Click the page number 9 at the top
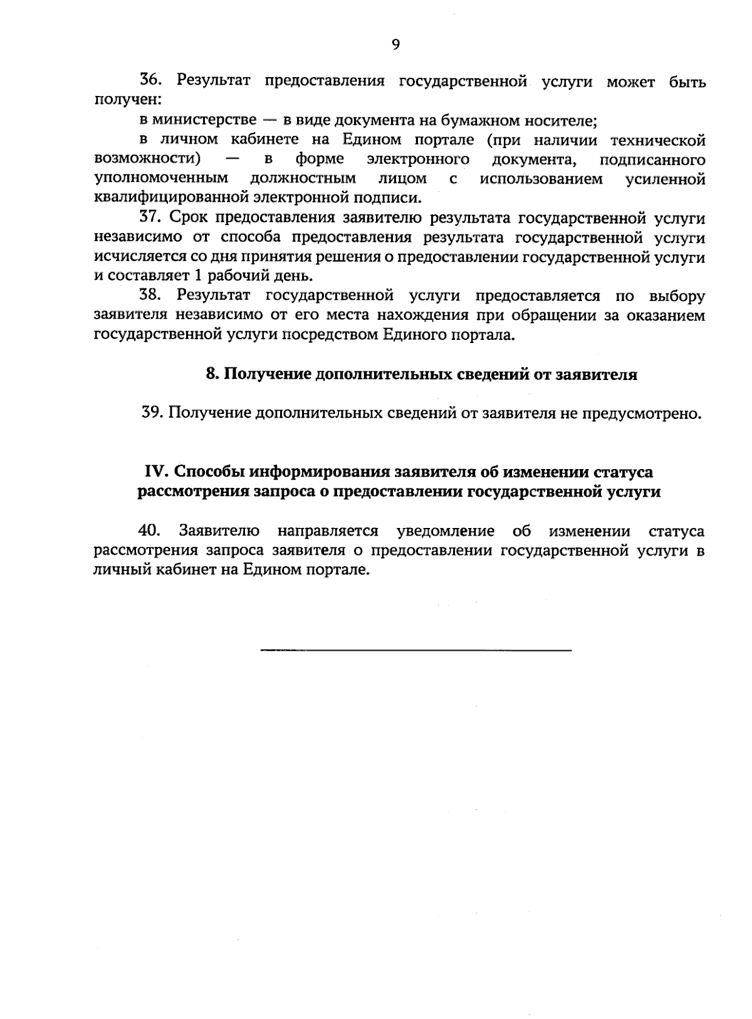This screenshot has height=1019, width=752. pyautogui.click(x=395, y=43)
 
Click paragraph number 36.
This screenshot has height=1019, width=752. pyautogui.click(x=151, y=81)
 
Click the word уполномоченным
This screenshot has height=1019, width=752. pyautogui.click(x=160, y=179)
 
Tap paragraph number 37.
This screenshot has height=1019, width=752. pyautogui.click(x=151, y=218)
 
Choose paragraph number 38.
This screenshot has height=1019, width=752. pyautogui.click(x=151, y=295)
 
